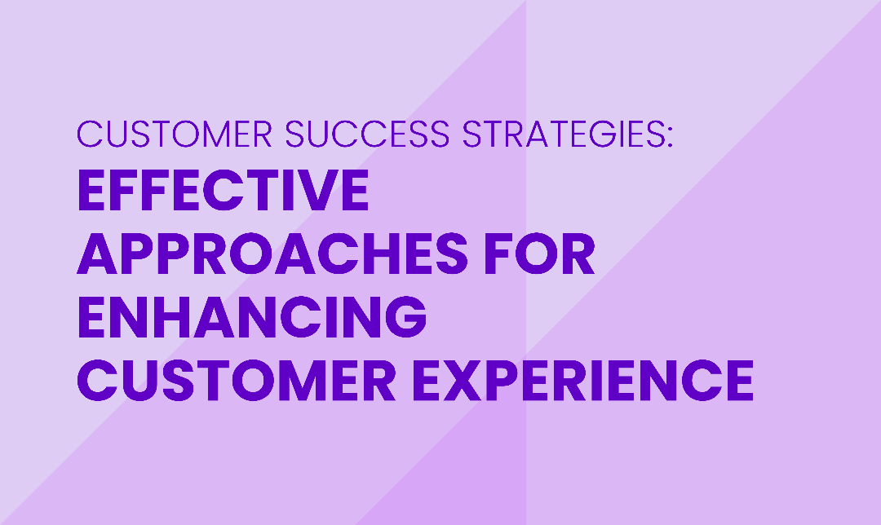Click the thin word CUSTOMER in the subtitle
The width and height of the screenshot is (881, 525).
(x=175, y=134)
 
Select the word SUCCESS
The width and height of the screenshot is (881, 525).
(x=367, y=134)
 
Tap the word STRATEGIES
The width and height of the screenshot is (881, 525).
(x=562, y=134)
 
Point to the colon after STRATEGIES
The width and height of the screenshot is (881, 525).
(x=669, y=137)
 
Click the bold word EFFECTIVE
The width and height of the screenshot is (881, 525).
(x=223, y=190)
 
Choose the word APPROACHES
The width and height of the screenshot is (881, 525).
(x=272, y=254)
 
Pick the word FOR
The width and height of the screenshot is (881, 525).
(x=539, y=254)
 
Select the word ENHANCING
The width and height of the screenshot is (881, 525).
(x=252, y=316)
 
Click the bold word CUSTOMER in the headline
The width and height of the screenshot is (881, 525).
(x=237, y=380)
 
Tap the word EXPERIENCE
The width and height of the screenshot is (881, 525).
(x=582, y=380)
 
